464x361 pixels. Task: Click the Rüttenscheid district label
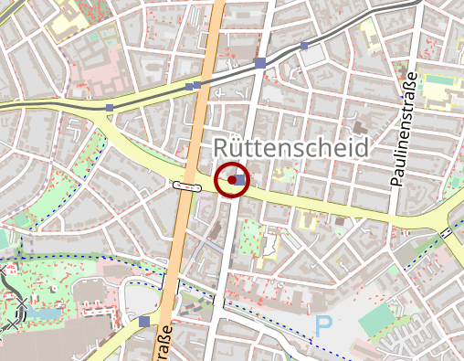290,148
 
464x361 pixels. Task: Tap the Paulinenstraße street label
398,129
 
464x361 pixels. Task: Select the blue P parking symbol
323,325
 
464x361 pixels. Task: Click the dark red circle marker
232,180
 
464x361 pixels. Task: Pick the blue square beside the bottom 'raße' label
144,322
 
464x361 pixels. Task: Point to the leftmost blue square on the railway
110,108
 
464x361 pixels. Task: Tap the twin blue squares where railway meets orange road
193,86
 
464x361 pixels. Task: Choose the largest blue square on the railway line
261,63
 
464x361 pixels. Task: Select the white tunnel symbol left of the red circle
186,186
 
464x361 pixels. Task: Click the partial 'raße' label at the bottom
164,342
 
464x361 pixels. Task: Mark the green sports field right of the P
377,320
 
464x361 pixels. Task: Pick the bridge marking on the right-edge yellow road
449,233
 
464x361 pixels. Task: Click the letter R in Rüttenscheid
223,149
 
